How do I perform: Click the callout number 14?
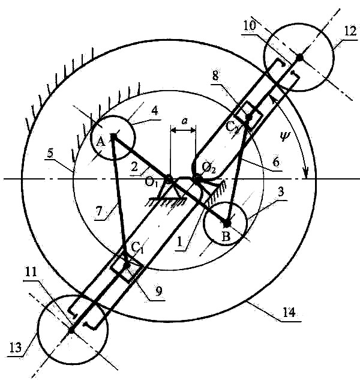pyautogui.click(x=289, y=312)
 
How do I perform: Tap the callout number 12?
pyautogui.click(x=350, y=31)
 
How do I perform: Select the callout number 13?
pyautogui.click(x=16, y=347)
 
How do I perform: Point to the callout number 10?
pyautogui.click(x=250, y=26)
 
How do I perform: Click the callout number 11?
pyautogui.click(x=31, y=273)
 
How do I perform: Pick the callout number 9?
pyautogui.click(x=158, y=291)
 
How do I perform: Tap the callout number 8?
pyautogui.click(x=215, y=76)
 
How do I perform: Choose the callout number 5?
pyautogui.click(x=50, y=154)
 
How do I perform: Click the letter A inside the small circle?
pyautogui.click(x=101, y=142)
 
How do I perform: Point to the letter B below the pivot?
pyautogui.click(x=226, y=236)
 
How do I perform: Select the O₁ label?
pyautogui.click(x=151, y=182)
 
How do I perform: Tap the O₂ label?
pyautogui.click(x=209, y=168)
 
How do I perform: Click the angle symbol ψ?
pyautogui.click(x=284, y=136)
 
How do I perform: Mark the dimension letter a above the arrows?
pyautogui.click(x=185, y=121)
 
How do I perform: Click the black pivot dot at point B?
pyautogui.click(x=227, y=223)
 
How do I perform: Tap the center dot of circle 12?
pyautogui.click(x=299, y=58)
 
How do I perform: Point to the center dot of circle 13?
pyautogui.click(x=71, y=330)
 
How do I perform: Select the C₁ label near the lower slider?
pyautogui.click(x=137, y=247)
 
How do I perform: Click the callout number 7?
pyautogui.click(x=98, y=211)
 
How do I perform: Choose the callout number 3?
pyautogui.click(x=281, y=192)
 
